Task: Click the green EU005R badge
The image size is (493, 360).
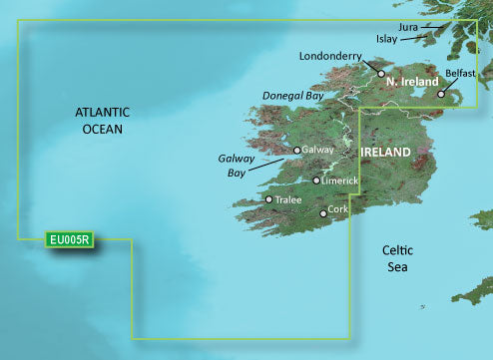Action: coord(70,239)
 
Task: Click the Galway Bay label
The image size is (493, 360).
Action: coord(236,165)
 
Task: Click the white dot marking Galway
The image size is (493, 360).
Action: coord(297,151)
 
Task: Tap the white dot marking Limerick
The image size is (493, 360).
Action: coord(316,180)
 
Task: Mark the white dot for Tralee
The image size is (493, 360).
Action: coord(268,199)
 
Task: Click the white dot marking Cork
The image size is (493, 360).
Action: coord(322,213)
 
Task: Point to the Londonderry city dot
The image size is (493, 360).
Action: coord(380,73)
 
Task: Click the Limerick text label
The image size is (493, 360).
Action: coord(341,181)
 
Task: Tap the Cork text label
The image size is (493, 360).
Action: coord(339,210)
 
